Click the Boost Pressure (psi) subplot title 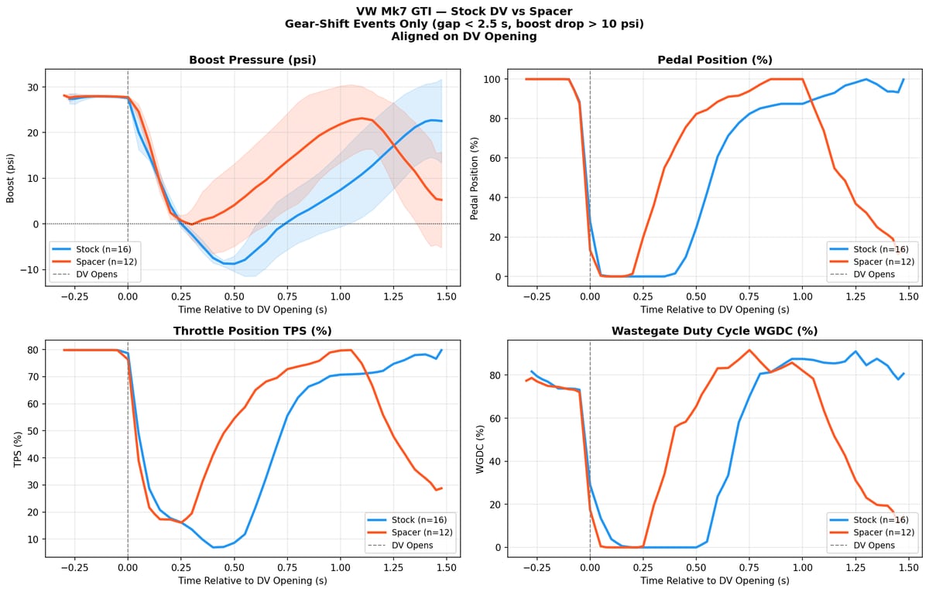252,60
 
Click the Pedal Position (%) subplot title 715,60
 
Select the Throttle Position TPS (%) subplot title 252,330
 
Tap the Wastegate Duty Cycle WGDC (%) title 715,330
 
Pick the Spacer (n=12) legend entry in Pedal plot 879,262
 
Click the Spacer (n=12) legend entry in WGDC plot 879,532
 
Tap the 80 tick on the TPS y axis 33,350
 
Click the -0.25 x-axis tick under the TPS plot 72,567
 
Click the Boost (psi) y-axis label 12,177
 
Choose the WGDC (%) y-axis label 479,448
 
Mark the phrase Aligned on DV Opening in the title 464,36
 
